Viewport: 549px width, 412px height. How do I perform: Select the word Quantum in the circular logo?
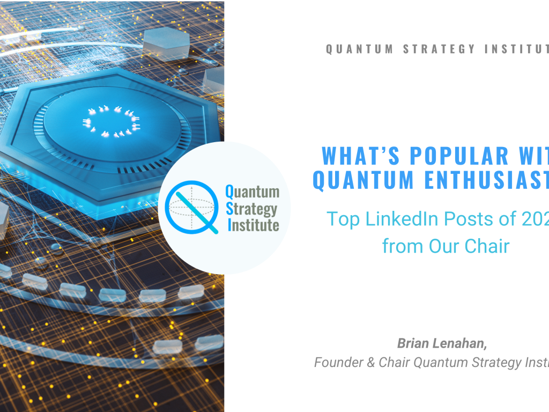[x=252, y=191]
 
